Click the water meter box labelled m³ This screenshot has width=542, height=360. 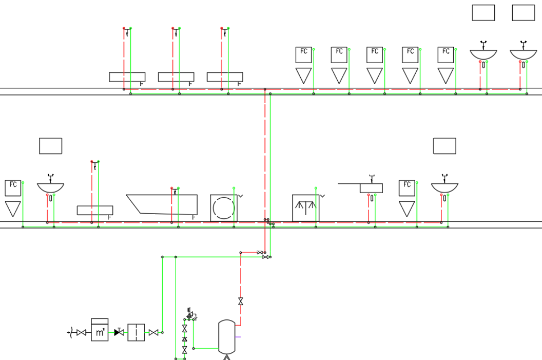coord(100,330)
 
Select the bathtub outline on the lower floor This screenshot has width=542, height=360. coord(162,204)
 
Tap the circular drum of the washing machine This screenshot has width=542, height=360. coord(224,208)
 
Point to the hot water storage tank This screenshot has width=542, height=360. coord(227,336)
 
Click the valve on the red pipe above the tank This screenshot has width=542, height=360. coord(241,301)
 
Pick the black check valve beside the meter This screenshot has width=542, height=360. coord(119,332)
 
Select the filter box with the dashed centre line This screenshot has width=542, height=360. coord(136,332)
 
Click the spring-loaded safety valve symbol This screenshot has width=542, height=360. coord(190,314)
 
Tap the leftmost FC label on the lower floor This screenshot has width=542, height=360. coord(13,184)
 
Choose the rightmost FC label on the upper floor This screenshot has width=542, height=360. coord(446,51)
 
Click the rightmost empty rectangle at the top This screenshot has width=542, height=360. coord(524,13)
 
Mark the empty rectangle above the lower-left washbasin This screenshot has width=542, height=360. coord(50,146)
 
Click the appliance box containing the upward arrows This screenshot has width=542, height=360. coord(305,208)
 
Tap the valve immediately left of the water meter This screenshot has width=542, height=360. coord(81,332)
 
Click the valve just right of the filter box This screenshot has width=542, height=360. coord(153,332)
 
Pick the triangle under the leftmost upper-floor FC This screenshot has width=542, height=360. coord(303,75)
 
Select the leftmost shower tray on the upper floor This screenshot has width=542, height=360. coord(127,77)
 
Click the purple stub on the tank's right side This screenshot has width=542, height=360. coord(238,337)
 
